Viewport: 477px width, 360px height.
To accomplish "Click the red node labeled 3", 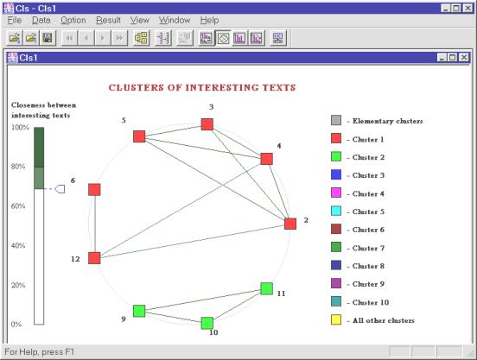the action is tap(207, 124).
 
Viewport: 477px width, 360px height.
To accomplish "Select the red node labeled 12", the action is tap(94, 258).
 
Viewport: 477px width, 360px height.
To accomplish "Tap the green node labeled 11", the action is tap(266, 288).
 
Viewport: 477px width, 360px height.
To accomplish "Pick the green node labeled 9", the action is tap(139, 311).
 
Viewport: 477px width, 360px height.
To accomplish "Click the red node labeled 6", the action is tap(94, 190).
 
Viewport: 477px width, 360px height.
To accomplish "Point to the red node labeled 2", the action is tap(290, 224).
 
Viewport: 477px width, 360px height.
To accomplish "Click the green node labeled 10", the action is tap(207, 323).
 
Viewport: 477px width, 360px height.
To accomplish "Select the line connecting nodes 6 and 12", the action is tap(94, 224).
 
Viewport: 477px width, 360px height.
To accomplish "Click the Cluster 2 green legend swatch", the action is tap(336, 157).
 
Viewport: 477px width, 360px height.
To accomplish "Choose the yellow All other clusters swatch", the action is tap(336, 320).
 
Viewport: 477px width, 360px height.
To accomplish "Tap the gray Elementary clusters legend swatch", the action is tap(336, 120).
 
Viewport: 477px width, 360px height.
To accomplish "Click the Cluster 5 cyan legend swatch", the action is tap(336, 211).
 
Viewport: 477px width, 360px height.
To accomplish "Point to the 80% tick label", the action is tap(18, 167).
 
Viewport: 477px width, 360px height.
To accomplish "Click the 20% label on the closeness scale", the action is tap(18, 285).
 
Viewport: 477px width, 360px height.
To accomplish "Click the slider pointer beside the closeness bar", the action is tap(60, 189).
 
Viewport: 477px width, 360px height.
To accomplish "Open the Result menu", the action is tap(108, 21).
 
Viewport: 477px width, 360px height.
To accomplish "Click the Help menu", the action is tap(209, 21).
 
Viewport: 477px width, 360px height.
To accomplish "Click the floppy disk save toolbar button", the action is tap(48, 38).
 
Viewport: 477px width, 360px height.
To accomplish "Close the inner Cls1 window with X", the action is tap(464, 57).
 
